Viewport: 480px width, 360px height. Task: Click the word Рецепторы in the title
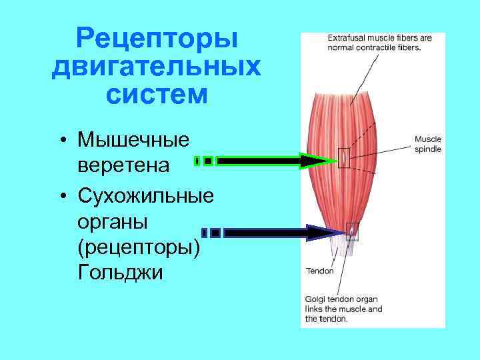coord(157,38)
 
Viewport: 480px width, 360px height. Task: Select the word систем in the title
coord(157,95)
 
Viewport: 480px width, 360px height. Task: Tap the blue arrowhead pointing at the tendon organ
coord(325,233)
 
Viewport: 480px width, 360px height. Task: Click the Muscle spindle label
coord(427,144)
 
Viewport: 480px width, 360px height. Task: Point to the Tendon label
coord(319,271)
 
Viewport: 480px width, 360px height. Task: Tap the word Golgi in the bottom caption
coord(316,299)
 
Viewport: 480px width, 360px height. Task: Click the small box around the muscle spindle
coord(343,157)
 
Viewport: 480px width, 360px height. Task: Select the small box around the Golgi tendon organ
coord(352,231)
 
